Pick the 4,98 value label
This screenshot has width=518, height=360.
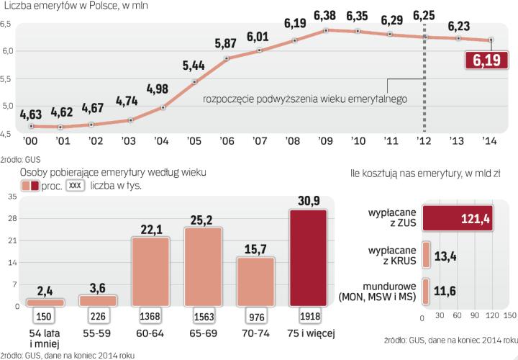pos(161,90)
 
